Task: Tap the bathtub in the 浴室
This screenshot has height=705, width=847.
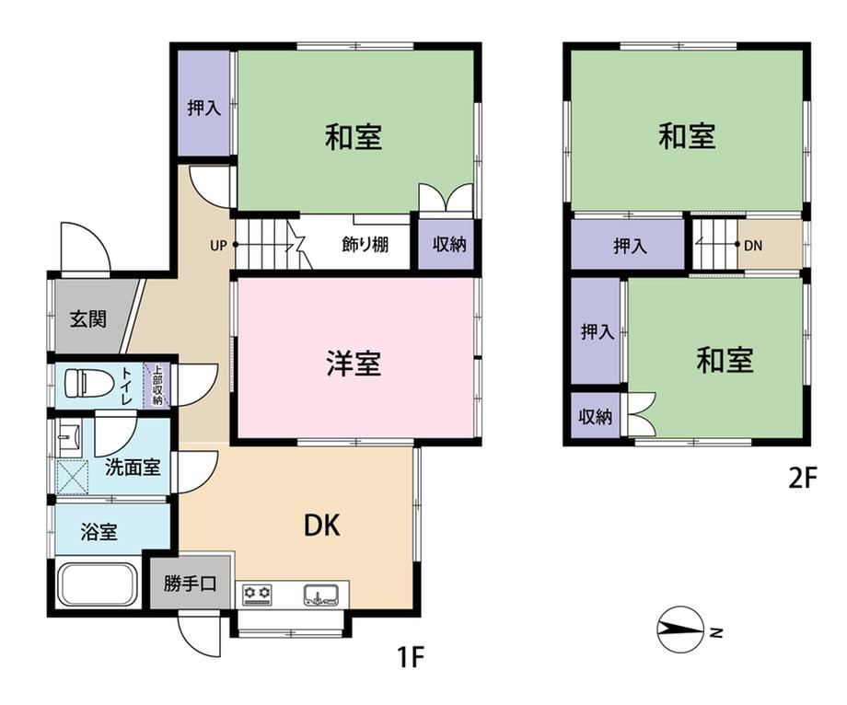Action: pyautogui.click(x=98, y=585)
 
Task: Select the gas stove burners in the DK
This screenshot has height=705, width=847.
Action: pyautogui.click(x=258, y=594)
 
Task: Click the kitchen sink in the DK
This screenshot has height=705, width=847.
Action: pyautogui.click(x=321, y=594)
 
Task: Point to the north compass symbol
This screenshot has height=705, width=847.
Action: pyautogui.click(x=680, y=630)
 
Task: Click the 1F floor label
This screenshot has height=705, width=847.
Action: pyautogui.click(x=411, y=657)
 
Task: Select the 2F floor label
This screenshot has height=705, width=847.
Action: pyautogui.click(x=803, y=477)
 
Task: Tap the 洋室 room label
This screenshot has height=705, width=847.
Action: pyautogui.click(x=354, y=363)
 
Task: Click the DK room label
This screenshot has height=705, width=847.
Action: pyautogui.click(x=322, y=525)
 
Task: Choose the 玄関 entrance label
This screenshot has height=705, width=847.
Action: pyautogui.click(x=88, y=319)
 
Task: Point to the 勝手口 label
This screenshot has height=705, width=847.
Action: pyautogui.click(x=191, y=584)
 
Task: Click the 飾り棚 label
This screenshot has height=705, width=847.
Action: pyautogui.click(x=365, y=245)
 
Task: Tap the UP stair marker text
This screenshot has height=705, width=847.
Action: pyautogui.click(x=218, y=246)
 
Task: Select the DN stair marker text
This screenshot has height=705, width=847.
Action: pyautogui.click(x=753, y=246)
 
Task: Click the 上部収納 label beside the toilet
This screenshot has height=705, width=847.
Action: pyautogui.click(x=157, y=386)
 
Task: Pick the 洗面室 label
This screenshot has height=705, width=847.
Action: pyautogui.click(x=133, y=467)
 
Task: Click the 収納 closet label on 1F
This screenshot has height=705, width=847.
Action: pyautogui.click(x=449, y=245)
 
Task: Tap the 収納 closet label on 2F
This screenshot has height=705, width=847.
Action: pyautogui.click(x=596, y=417)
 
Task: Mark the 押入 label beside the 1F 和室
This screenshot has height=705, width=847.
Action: pyautogui.click(x=204, y=108)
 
